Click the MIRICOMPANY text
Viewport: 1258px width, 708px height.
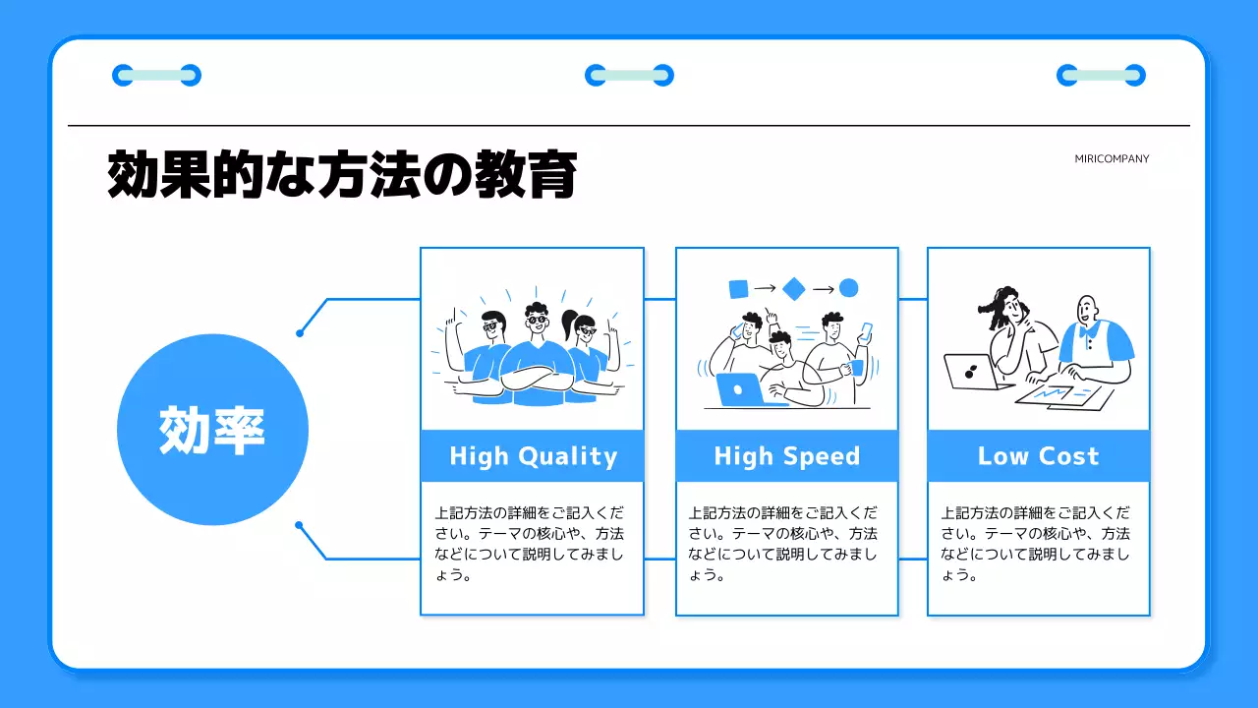tap(1112, 158)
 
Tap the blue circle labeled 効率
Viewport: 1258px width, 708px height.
tap(212, 430)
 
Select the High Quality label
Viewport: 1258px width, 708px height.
tap(533, 456)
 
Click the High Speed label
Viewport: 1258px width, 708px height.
tap(786, 456)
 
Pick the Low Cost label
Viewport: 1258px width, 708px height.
tap(1038, 456)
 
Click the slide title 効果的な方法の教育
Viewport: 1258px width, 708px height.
tap(341, 175)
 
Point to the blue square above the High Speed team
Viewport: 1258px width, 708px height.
tap(738, 288)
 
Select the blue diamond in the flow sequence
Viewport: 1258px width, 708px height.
tap(794, 288)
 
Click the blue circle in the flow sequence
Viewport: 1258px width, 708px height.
tap(849, 288)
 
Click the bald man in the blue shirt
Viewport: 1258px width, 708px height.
tap(1093, 339)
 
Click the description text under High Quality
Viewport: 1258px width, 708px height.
tap(531, 544)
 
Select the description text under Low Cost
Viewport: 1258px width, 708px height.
tap(1037, 544)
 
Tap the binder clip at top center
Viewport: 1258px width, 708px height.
tap(629, 75)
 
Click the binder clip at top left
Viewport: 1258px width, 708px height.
tap(157, 75)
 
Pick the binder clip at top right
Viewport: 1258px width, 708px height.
tap(1101, 75)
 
